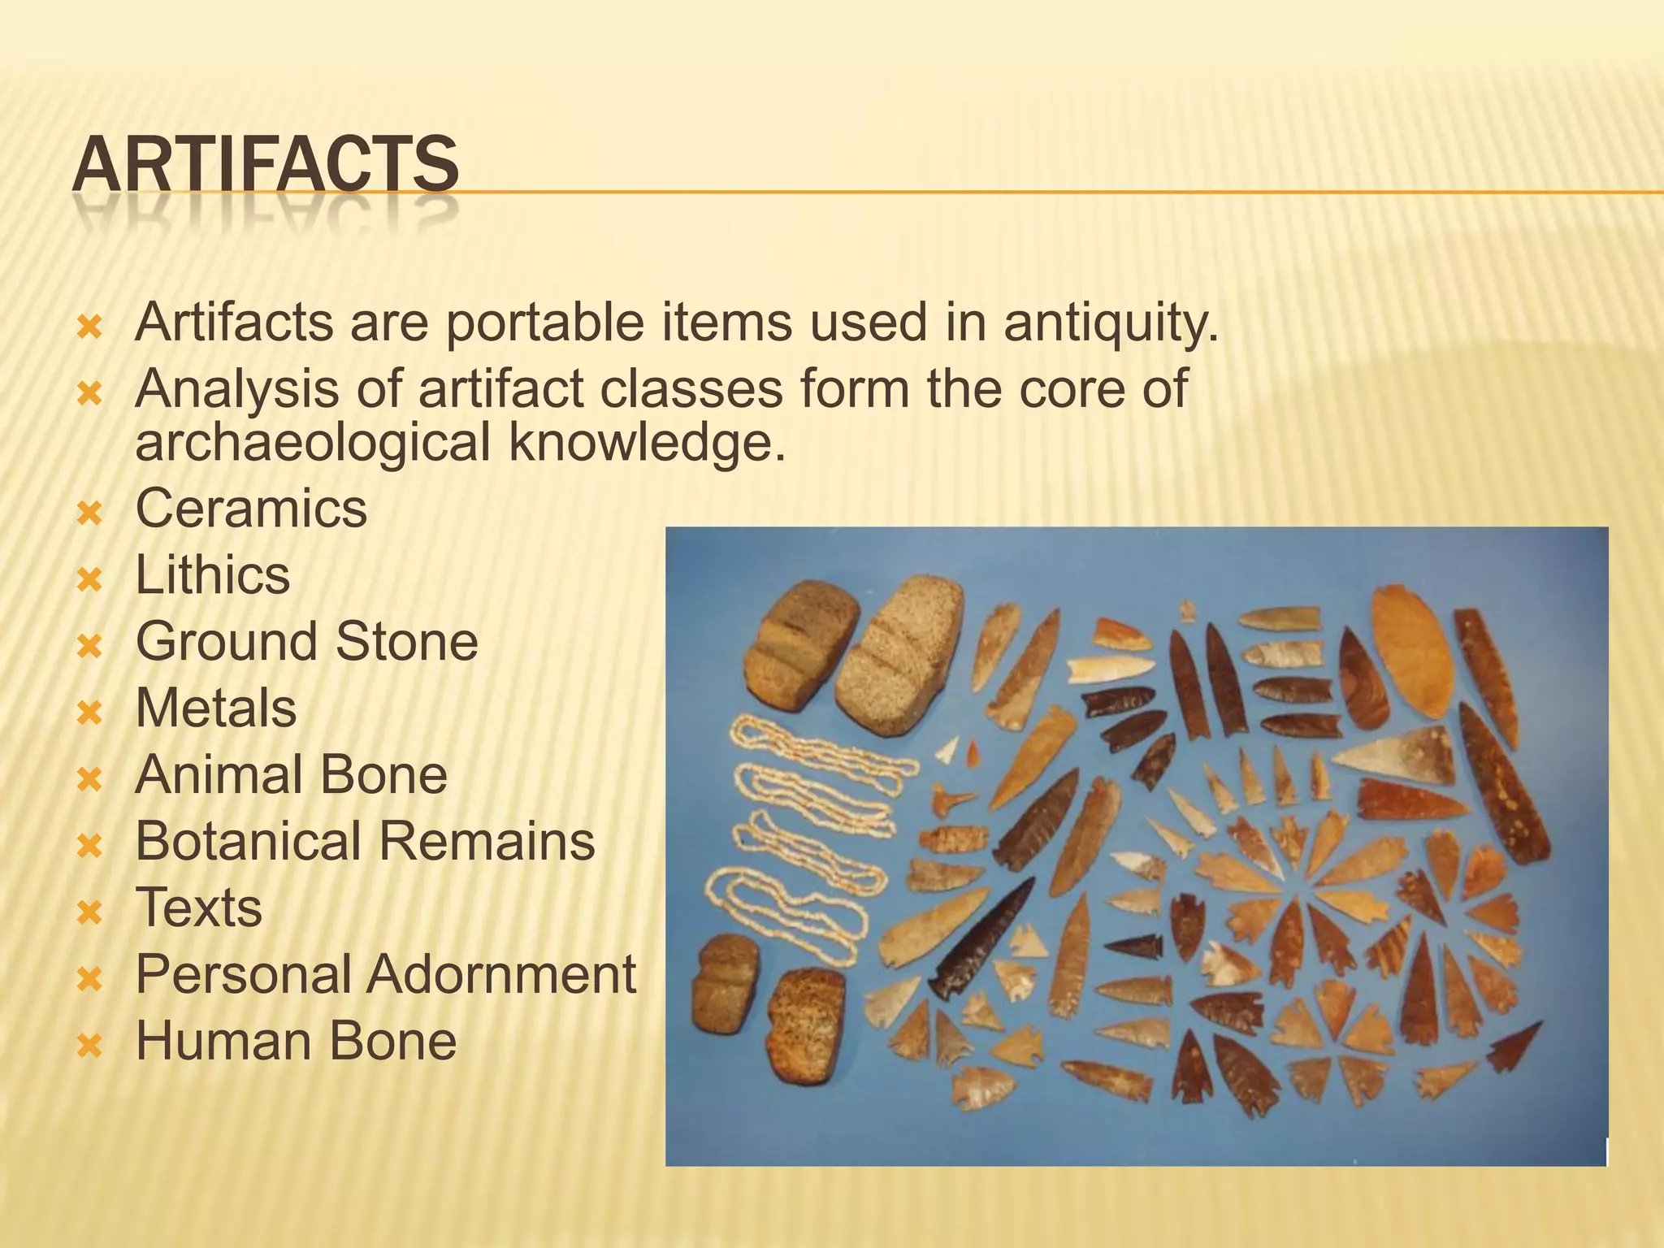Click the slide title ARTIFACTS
click(265, 165)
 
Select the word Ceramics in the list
click(251, 509)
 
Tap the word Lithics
click(212, 575)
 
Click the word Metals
click(215, 708)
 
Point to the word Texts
click(198, 908)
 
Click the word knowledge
click(648, 443)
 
